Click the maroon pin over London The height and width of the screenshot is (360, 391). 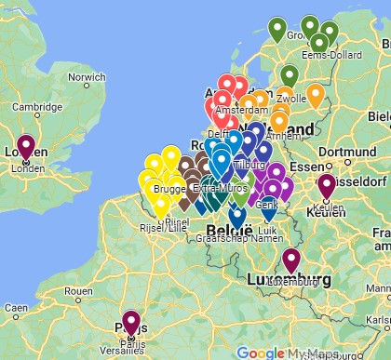click(x=25, y=147)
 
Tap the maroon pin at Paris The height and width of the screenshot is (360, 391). click(x=131, y=322)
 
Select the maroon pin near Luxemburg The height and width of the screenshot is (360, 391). click(x=291, y=260)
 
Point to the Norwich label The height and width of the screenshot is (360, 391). click(x=86, y=77)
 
